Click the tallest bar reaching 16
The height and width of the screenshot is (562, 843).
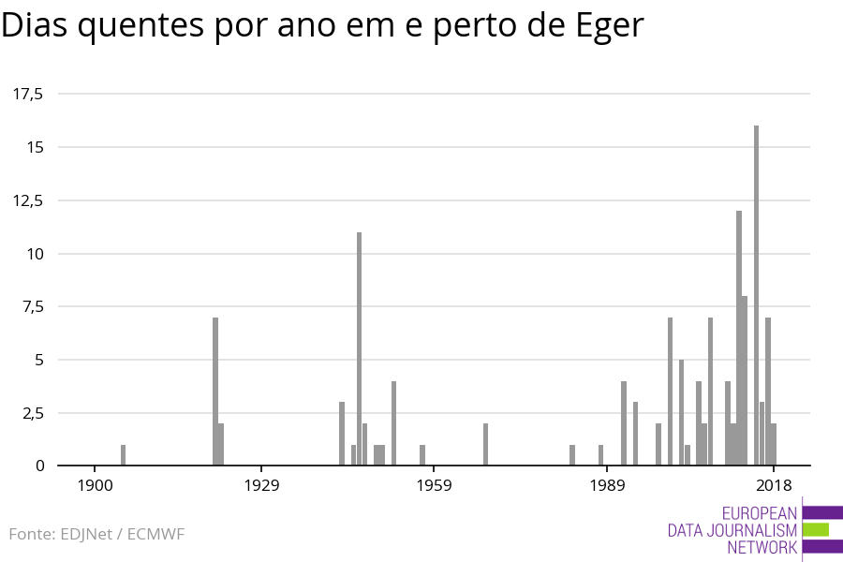tap(756, 295)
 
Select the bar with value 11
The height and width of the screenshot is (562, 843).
tap(359, 348)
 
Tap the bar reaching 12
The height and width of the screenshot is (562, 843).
tap(739, 337)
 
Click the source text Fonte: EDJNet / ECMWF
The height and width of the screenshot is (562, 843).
tap(96, 534)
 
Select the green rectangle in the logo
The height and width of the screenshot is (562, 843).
tap(815, 529)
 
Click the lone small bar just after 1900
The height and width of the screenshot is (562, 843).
tap(123, 455)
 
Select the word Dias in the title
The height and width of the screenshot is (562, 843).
tap(35, 26)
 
